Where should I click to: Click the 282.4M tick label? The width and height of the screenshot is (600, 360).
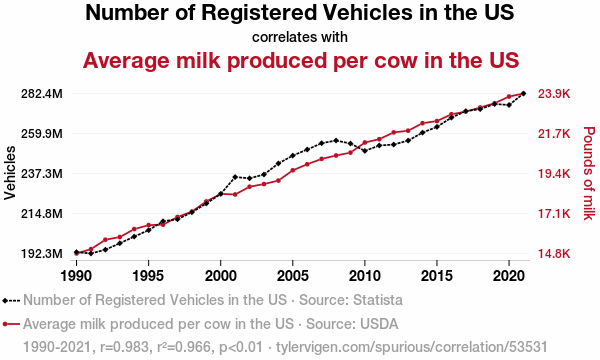coord(42,94)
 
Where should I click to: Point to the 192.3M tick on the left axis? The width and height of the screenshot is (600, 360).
coord(42,254)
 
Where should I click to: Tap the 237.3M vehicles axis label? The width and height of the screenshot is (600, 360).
coord(42,174)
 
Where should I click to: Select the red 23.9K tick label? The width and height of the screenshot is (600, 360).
coord(554,94)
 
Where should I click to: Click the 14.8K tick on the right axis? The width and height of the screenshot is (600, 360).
coord(554,254)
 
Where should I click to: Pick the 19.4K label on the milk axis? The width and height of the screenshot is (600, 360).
coord(554,174)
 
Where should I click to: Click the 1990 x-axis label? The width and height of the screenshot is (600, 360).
coord(77,275)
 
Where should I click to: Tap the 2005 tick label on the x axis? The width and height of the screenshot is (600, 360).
coord(293,275)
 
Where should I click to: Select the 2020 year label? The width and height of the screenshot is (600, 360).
coord(509,275)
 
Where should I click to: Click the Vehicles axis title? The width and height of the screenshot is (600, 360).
coord(10,173)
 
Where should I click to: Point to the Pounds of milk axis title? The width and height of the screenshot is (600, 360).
coord(589,173)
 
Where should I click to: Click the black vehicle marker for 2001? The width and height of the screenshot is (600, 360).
coord(235,177)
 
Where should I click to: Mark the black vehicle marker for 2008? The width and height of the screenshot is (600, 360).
coord(336,140)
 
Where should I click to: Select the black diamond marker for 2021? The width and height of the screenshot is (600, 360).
coord(523,93)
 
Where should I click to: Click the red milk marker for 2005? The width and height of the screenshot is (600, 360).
coord(293,170)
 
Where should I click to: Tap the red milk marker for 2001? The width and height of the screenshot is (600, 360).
coord(235,194)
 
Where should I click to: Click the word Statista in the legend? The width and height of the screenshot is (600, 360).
coord(378,300)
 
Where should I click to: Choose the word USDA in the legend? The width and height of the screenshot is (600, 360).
coord(379,324)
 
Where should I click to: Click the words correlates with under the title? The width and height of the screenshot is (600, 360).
coord(300,37)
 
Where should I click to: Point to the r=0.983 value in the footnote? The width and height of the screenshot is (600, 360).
coord(124,347)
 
